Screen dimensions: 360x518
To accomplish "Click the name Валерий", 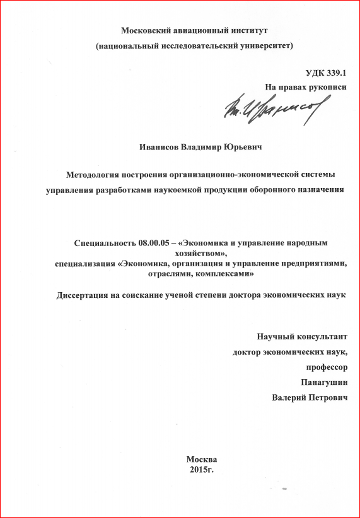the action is (290, 398).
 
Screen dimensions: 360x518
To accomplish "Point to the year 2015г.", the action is (202, 469).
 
